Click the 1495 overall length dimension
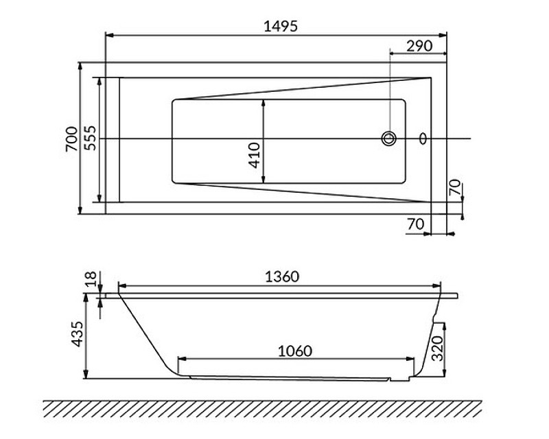tap(281, 26)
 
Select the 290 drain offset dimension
tap(419, 46)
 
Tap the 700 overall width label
tap(71, 139)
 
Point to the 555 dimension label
tap(90, 138)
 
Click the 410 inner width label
tap(255, 155)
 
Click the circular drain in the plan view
tap(388, 139)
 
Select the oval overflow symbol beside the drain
tap(423, 139)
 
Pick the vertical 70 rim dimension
tap(455, 187)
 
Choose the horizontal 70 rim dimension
tap(416, 224)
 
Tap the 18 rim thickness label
tap(91, 280)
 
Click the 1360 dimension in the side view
tap(282, 276)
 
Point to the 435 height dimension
tap(78, 334)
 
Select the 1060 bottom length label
tap(295, 351)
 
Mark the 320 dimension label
tap(437, 348)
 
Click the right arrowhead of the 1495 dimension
tap(443, 35)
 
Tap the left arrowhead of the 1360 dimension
tap(123, 286)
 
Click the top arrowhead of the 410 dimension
tap(264, 104)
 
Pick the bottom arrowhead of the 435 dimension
tap(85, 375)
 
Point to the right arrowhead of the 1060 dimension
tap(410, 359)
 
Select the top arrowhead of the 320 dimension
tap(445, 327)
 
